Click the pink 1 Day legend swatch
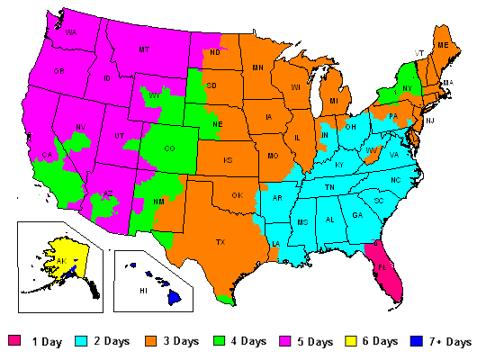coord(13,342)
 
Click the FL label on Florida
coord(382,266)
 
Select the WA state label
coord(70,33)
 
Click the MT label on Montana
coord(144,50)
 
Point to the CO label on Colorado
coord(171,150)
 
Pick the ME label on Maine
coord(442,44)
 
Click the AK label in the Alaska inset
coord(62,260)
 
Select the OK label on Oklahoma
coord(238,195)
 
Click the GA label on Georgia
coord(357,214)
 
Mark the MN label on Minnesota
coord(257,67)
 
